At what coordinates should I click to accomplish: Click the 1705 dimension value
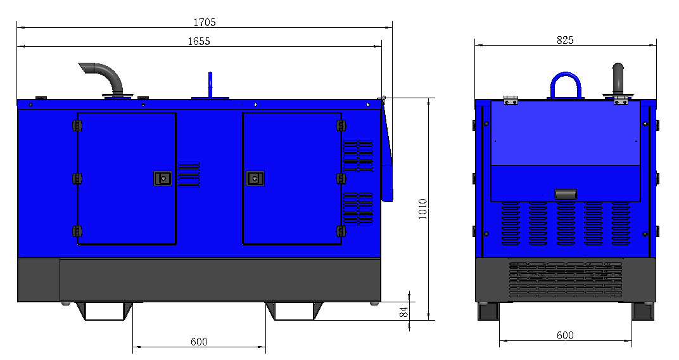tap(205, 22)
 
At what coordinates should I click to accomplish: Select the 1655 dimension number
tap(199, 41)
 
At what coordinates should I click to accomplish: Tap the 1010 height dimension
tap(423, 209)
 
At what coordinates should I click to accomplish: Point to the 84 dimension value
tap(403, 312)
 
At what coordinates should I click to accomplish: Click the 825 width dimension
tap(565, 40)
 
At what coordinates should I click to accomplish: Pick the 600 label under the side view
tap(199, 342)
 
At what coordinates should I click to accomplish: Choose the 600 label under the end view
tap(565, 335)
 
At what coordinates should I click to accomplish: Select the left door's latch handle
tap(163, 179)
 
